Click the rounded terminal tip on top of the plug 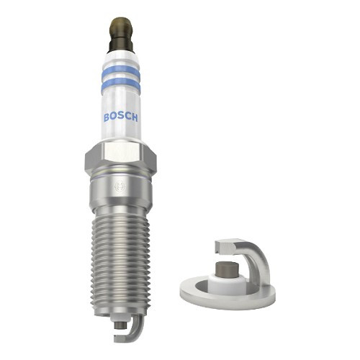click(120, 27)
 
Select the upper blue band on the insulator click(120, 71)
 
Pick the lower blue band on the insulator click(120, 84)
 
